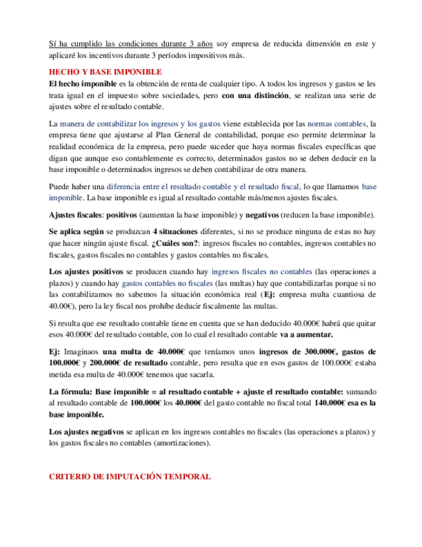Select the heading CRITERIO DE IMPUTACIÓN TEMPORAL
129,476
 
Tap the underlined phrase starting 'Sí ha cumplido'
131,44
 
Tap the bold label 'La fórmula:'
71,392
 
